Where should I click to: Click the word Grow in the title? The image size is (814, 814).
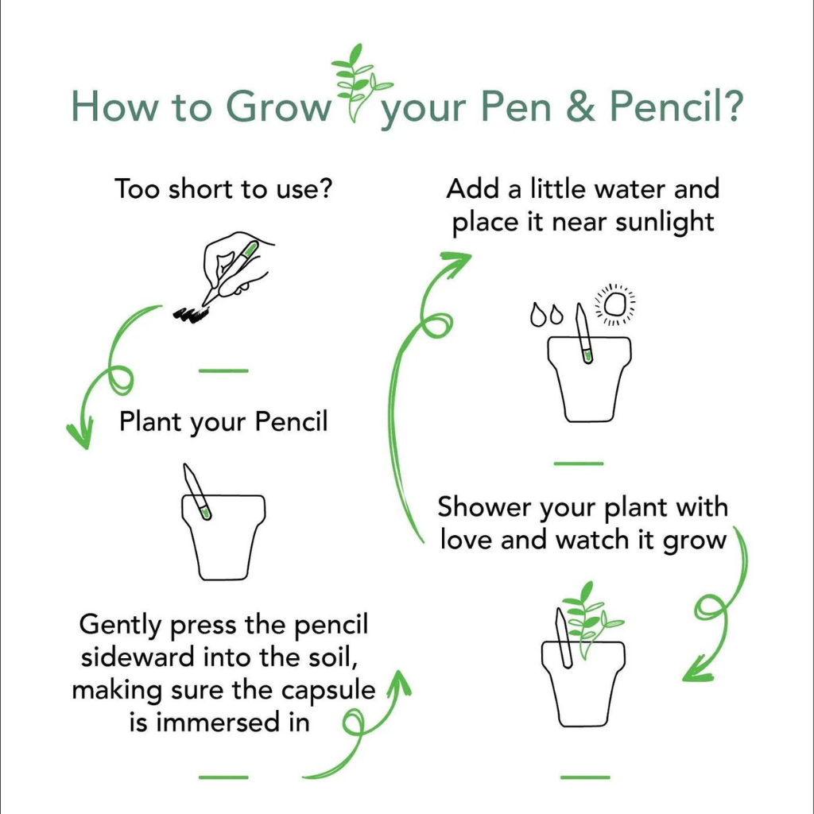(278, 107)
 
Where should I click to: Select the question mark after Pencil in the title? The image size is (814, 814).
(728, 107)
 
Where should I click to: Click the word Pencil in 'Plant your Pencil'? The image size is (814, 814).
(291, 421)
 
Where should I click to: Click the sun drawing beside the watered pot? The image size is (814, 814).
(615, 304)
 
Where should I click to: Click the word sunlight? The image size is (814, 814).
(665, 223)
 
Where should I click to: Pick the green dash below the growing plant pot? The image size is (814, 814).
(585, 777)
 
